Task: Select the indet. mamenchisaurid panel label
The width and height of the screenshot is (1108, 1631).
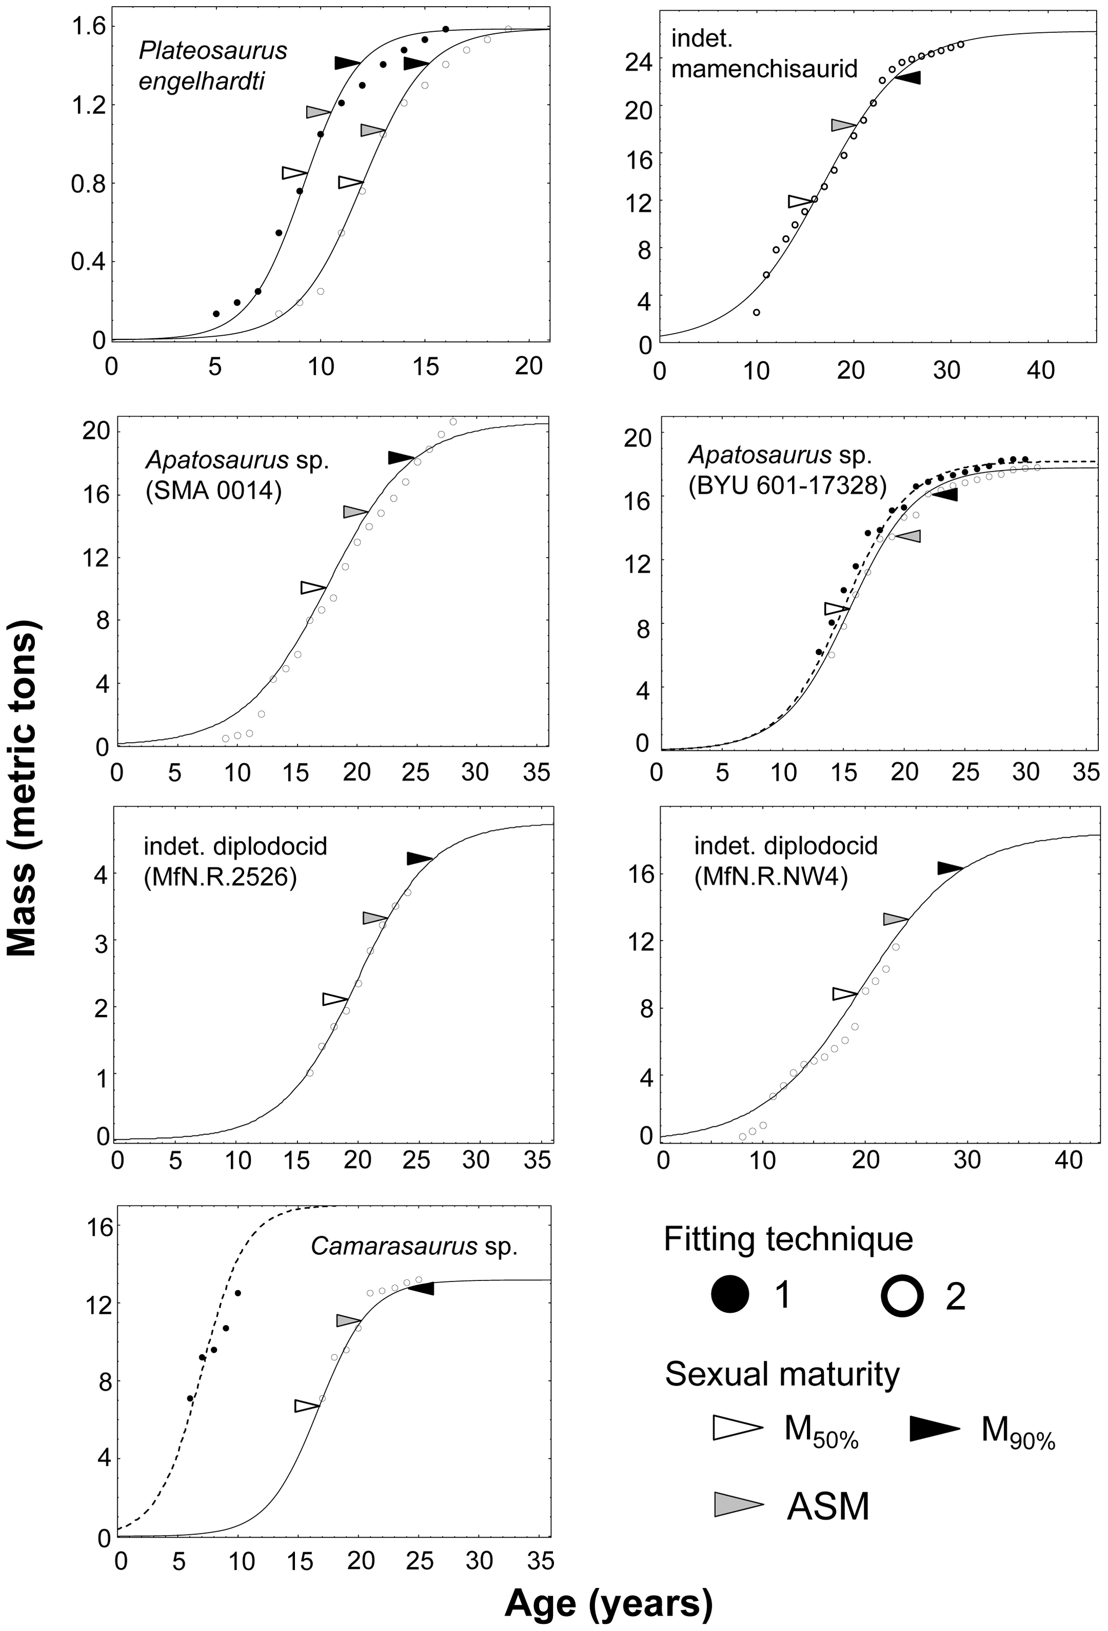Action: pos(764,53)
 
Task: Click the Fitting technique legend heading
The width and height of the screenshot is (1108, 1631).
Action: pos(789,1239)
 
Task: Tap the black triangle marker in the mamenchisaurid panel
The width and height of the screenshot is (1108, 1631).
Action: pos(907,77)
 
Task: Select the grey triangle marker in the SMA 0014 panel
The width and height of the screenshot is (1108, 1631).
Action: pos(355,512)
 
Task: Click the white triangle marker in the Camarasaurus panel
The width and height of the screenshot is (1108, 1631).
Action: pos(307,1406)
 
